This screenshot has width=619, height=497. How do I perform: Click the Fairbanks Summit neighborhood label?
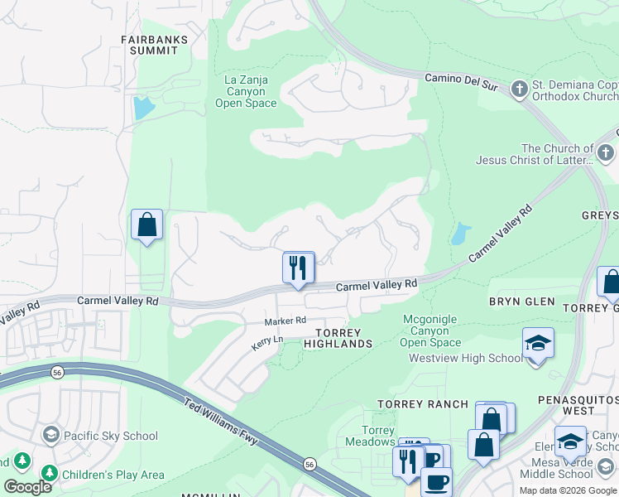click(x=154, y=45)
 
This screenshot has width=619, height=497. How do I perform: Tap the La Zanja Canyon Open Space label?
click(x=245, y=92)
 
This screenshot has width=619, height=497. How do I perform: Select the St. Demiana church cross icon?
click(x=520, y=88)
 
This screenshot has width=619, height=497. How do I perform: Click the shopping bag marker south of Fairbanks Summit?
click(x=146, y=225)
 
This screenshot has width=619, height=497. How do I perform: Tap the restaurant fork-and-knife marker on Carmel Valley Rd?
click(x=299, y=268)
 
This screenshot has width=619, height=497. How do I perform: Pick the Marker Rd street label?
click(x=286, y=321)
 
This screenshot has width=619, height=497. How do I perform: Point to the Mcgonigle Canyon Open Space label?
click(x=430, y=331)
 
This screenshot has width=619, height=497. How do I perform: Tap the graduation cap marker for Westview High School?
click(x=538, y=343)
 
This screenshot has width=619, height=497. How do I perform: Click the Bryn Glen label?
click(x=521, y=302)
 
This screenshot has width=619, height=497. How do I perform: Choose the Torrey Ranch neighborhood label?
click(x=412, y=404)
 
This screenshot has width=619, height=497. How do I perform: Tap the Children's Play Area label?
click(x=112, y=475)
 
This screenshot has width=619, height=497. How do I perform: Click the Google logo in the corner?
click(x=27, y=487)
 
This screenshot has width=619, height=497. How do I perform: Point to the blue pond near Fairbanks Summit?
click(x=142, y=108)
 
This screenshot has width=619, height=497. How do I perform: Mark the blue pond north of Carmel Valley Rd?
click(x=458, y=234)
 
